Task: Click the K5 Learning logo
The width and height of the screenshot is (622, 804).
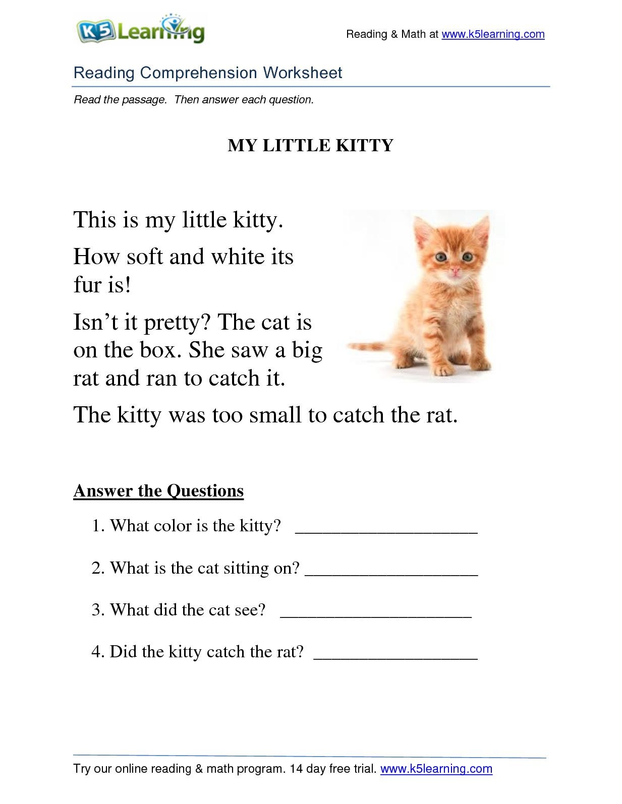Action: (x=140, y=31)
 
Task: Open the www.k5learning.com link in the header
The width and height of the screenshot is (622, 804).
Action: (x=493, y=34)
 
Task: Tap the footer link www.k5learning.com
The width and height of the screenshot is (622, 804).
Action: (x=436, y=769)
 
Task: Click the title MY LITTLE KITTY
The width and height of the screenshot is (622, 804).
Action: (x=310, y=146)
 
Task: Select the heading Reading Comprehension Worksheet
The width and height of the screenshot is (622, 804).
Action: (x=208, y=73)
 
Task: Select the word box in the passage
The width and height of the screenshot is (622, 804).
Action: (x=157, y=350)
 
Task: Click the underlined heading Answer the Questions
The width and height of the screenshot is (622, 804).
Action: (x=158, y=490)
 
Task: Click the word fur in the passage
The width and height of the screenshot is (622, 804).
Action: (x=87, y=285)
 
